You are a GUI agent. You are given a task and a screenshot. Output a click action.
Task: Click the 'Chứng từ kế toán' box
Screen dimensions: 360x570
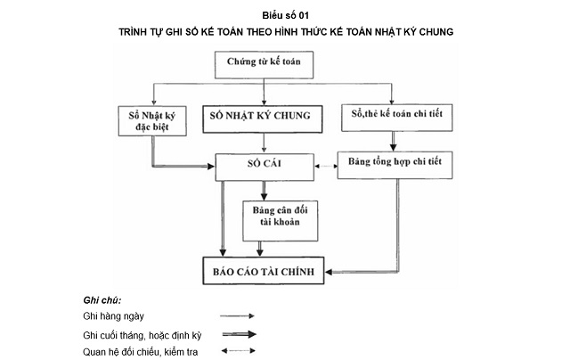264,65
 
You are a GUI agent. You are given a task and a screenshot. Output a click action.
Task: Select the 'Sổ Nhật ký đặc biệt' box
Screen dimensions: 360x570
152,120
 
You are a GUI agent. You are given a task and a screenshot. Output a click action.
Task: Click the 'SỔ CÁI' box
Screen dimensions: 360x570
265,165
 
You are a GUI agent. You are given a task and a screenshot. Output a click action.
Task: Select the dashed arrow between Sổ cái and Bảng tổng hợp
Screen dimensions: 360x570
324,165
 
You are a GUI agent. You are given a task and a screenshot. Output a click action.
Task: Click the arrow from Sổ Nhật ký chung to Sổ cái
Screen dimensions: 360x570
264,143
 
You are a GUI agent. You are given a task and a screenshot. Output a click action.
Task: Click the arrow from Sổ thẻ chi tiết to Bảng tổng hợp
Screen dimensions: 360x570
393,141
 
